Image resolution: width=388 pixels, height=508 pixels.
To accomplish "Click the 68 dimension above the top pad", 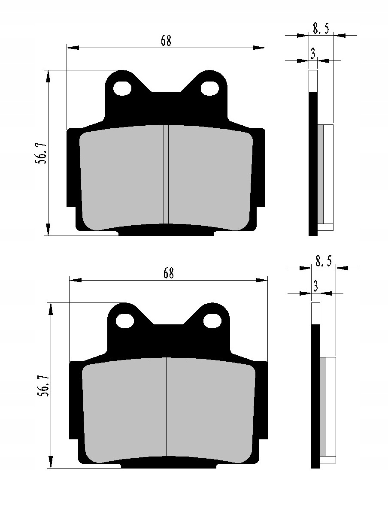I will coord(166,41).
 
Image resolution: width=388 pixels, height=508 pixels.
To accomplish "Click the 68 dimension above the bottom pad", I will coord(168,273).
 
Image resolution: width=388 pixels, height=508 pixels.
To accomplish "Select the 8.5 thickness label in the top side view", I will coord(321,29).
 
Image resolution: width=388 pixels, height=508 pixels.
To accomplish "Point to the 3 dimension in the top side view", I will coord(313,54).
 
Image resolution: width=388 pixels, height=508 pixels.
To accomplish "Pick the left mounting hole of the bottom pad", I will coord(125,320).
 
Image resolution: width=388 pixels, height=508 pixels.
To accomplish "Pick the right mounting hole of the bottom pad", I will coord(212,320).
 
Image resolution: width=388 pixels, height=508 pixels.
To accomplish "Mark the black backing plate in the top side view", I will coord(313,163).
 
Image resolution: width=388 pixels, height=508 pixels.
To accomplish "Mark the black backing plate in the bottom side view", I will coord(315,395).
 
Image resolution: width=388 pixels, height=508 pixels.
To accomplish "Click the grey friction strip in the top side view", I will coord(320,174).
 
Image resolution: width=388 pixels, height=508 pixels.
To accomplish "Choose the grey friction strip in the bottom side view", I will coord(323,405).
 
